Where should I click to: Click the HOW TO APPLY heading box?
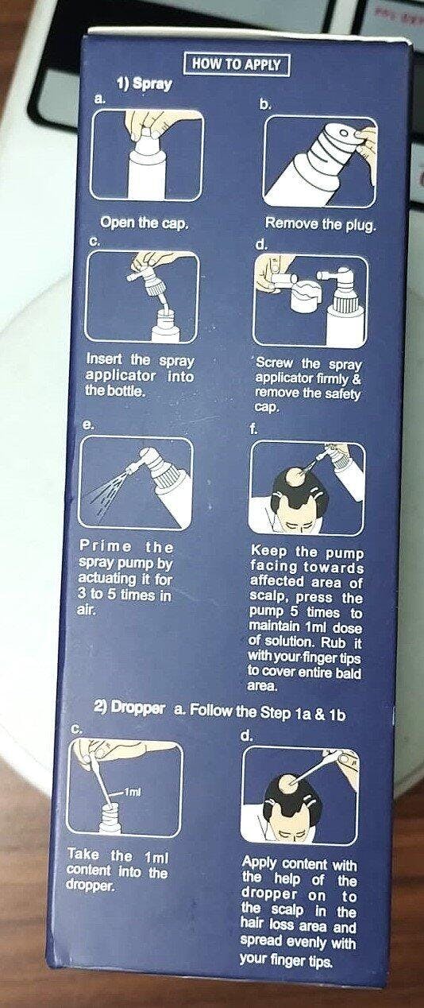click(x=237, y=64)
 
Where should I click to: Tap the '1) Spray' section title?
click(x=145, y=84)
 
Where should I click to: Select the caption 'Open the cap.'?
click(x=144, y=223)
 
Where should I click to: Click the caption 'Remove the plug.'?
click(x=320, y=223)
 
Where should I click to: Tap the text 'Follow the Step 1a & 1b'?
click(x=268, y=711)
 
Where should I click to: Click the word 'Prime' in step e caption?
click(x=106, y=546)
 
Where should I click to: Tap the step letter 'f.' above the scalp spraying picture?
click(x=254, y=430)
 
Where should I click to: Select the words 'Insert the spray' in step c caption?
click(x=140, y=360)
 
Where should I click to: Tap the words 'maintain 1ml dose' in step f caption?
click(x=306, y=627)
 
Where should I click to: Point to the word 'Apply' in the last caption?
click(x=260, y=863)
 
